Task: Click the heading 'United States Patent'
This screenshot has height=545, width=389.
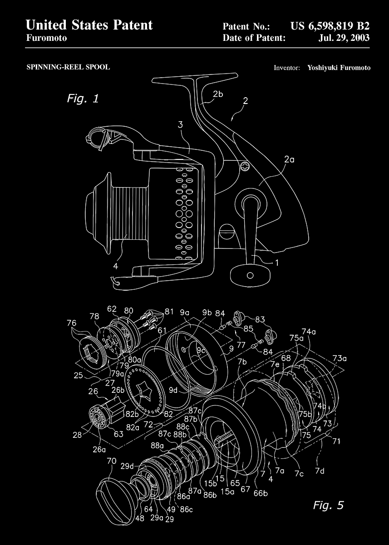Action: [x=89, y=25]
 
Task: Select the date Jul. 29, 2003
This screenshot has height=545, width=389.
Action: [x=345, y=38]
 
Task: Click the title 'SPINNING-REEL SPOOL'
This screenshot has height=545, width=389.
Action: [x=68, y=67]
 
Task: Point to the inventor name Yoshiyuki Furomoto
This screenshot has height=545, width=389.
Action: [x=339, y=68]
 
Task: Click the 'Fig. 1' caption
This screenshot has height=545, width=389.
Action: [x=83, y=98]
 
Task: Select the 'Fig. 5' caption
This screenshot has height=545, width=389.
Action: [x=328, y=505]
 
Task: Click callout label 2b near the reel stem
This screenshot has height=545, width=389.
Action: [x=218, y=94]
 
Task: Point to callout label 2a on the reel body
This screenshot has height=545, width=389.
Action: [x=289, y=159]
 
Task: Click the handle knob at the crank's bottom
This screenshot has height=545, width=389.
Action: [x=248, y=275]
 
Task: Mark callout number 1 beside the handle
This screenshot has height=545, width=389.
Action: [x=276, y=262]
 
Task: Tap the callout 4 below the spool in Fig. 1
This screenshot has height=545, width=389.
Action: [x=115, y=266]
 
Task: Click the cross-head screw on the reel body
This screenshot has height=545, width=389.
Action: [x=246, y=167]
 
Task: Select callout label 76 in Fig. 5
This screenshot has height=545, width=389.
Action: [x=71, y=322]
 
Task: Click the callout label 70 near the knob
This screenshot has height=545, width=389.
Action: [x=111, y=461]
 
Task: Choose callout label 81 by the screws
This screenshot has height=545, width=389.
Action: [x=169, y=312]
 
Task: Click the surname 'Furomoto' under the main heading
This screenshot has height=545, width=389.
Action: [x=47, y=38]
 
